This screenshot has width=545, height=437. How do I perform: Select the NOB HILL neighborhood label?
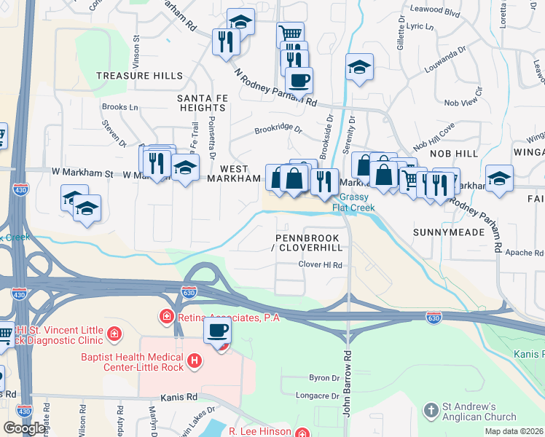coord(454,154)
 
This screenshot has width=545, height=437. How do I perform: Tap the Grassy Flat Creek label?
coord(353,202)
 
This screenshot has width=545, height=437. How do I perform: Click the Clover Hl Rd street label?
coord(320,265)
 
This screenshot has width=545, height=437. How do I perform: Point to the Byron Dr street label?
coord(324,378)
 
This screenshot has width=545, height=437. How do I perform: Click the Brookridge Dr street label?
coord(278,129)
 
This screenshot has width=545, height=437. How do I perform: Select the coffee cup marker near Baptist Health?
coord(218,332)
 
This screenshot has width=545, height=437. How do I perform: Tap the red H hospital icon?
coord(194,360)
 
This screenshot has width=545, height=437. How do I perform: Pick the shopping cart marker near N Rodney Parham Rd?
coord(290,34)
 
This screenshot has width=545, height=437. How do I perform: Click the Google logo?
coord(25,428)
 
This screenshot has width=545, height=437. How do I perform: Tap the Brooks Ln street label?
coord(120,107)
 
